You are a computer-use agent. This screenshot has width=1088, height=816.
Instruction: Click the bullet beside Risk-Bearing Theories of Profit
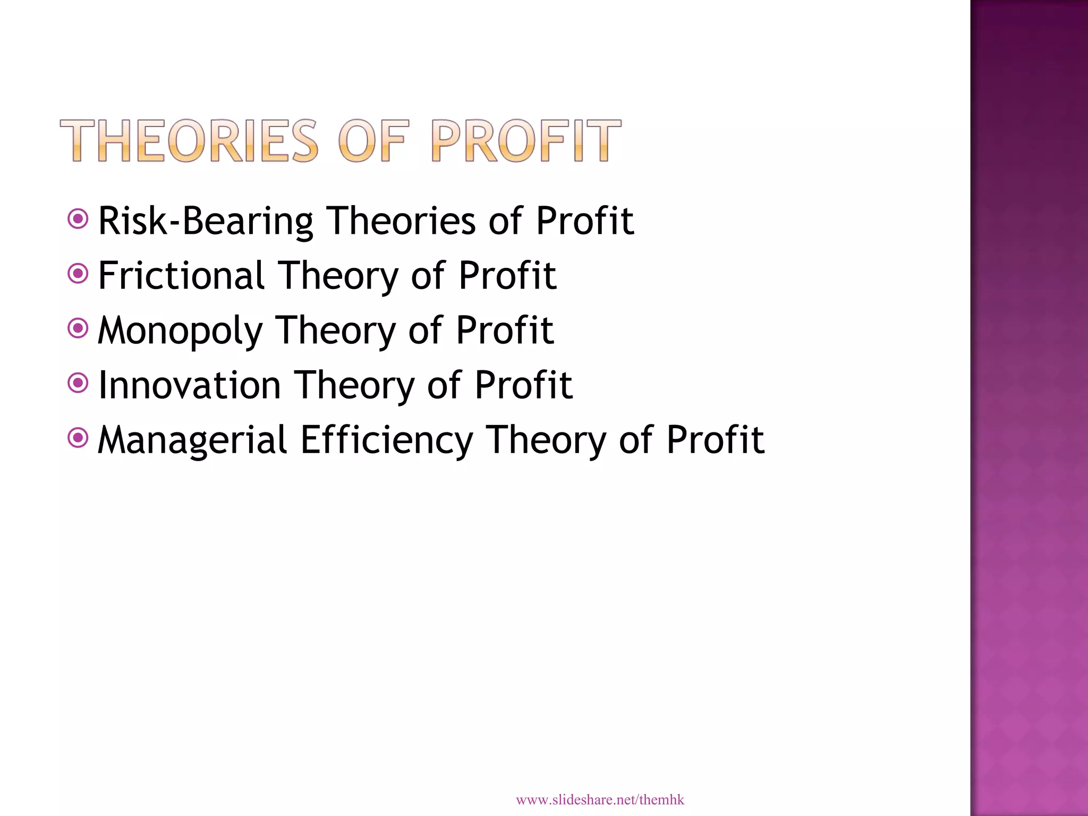click(78, 218)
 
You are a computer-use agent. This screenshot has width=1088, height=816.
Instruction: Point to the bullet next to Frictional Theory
click(78, 274)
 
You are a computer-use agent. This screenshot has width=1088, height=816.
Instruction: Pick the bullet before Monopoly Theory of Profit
click(78, 328)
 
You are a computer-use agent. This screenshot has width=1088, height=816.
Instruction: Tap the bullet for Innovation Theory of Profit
click(78, 383)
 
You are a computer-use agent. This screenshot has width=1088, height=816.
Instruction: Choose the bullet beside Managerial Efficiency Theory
click(78, 438)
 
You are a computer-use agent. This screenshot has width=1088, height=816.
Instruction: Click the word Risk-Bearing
click(206, 221)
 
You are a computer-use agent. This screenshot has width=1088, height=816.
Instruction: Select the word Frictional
click(181, 276)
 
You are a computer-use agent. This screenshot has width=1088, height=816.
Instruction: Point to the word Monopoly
click(180, 331)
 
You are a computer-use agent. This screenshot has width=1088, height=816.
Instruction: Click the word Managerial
click(192, 440)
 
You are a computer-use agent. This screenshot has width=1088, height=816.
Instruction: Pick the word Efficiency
click(386, 440)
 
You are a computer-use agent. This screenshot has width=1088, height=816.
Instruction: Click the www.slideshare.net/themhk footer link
click(600, 800)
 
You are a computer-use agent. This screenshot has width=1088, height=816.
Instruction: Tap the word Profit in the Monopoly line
click(505, 330)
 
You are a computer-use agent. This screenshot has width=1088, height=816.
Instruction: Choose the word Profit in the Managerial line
click(715, 440)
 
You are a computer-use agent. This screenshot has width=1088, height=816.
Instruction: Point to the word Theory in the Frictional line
click(338, 277)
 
